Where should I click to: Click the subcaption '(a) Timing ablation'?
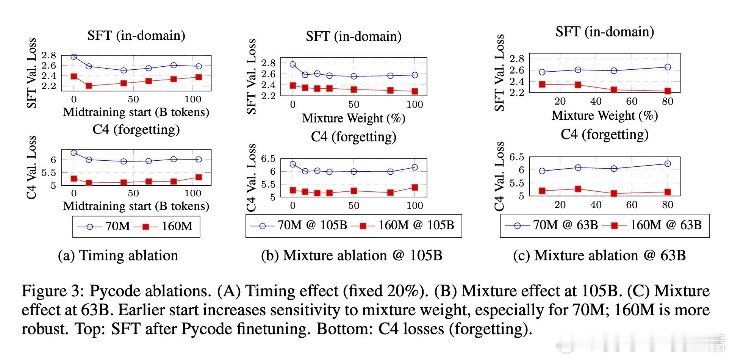(x=118, y=256)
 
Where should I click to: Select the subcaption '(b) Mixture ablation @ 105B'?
(x=352, y=256)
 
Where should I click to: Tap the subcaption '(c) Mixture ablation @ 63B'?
(x=599, y=256)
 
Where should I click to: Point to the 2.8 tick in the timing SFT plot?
(x=49, y=56)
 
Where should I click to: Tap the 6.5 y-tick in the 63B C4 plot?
(x=516, y=157)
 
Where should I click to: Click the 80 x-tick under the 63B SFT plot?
(x=668, y=102)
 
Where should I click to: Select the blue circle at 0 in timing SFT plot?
(x=74, y=57)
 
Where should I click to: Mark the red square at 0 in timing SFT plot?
(x=74, y=77)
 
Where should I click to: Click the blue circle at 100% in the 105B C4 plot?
(x=415, y=167)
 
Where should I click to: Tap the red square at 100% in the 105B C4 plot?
(x=415, y=187)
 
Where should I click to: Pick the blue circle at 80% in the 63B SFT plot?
(x=668, y=67)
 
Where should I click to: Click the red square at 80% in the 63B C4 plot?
(x=668, y=192)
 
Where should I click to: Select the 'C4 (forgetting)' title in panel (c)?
(x=604, y=135)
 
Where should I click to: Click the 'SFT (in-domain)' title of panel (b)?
(x=353, y=36)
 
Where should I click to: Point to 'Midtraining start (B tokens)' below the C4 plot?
(x=136, y=206)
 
